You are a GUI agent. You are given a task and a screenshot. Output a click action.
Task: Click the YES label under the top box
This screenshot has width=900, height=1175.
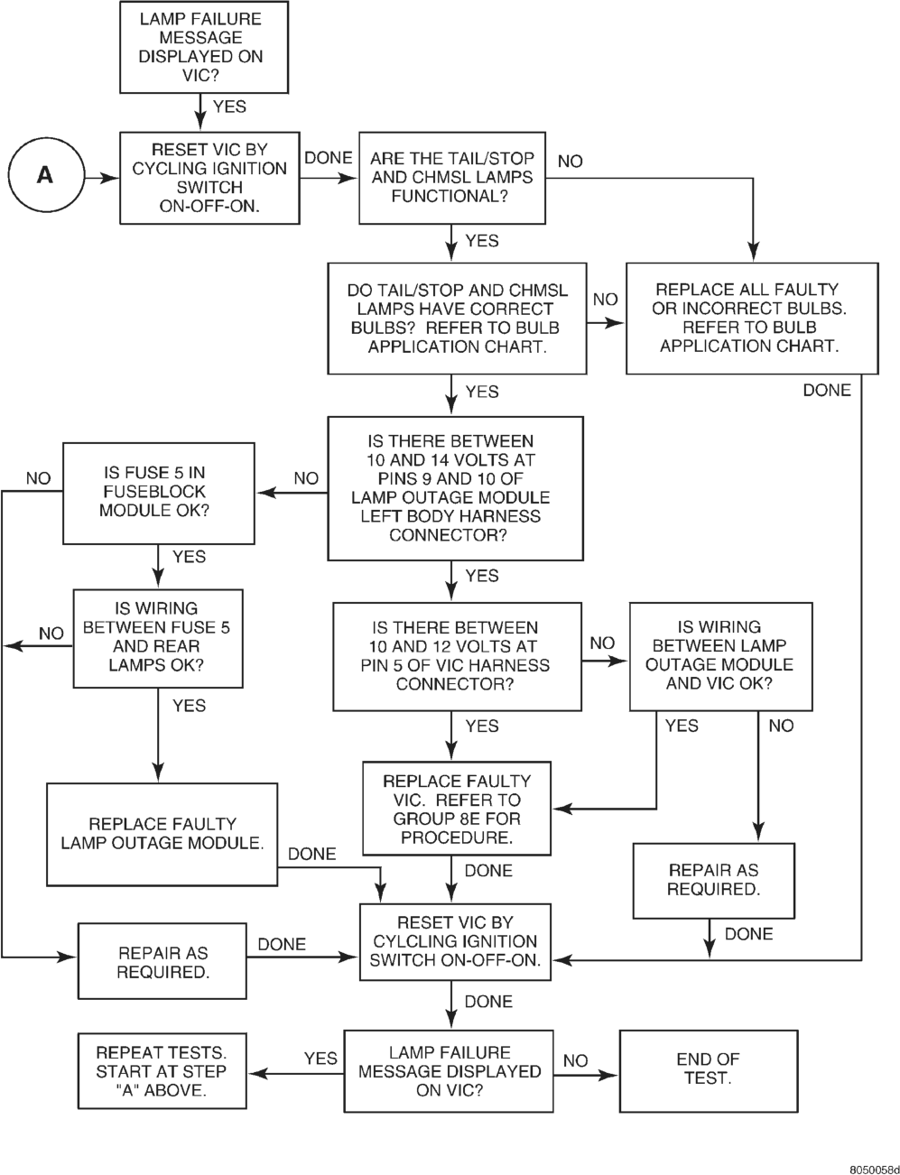[229, 106]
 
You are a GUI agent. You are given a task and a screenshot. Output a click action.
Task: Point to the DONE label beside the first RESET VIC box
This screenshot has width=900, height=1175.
[329, 158]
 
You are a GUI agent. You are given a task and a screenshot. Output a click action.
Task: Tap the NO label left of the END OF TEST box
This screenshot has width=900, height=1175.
[575, 1060]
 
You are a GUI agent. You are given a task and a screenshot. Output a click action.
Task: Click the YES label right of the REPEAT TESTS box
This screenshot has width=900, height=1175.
[320, 1059]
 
